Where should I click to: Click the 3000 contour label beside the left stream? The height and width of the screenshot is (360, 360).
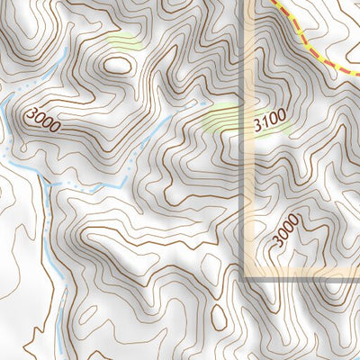coord(44,120)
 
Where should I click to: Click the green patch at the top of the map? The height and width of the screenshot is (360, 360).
coord(125,40)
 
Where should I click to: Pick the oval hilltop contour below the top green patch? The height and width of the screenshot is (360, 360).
coord(117,64)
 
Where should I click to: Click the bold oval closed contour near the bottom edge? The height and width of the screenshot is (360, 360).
coord(219,316)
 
